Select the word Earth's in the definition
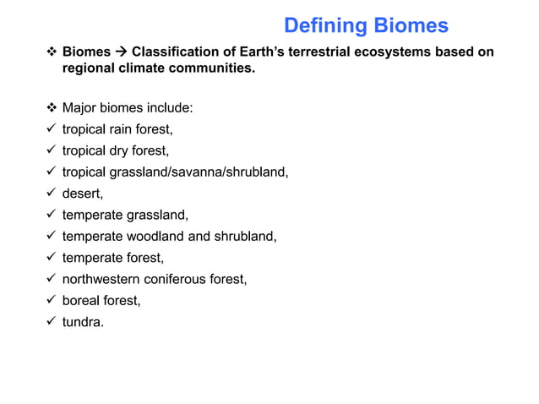(x=248, y=52)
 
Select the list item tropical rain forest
(x=117, y=129)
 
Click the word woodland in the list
(x=155, y=236)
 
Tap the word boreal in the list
(x=81, y=300)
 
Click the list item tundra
(x=83, y=321)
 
